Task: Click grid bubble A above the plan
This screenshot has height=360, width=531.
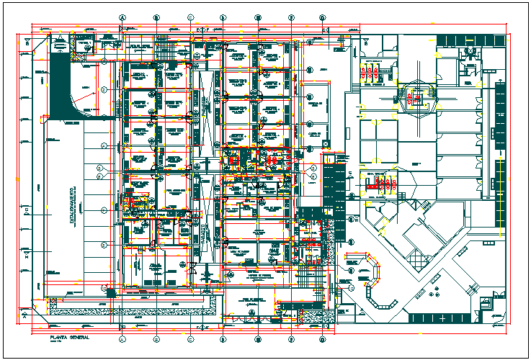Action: point(122,17)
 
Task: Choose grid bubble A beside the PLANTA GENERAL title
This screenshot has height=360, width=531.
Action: point(122,338)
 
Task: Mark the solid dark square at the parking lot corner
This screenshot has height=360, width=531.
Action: point(110,292)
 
